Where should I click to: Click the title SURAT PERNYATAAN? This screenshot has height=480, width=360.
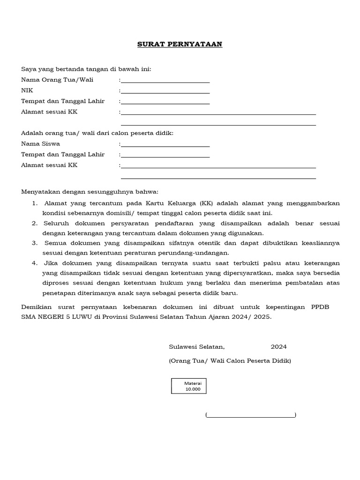click(180, 45)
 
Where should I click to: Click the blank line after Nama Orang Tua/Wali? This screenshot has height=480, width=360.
click(165, 81)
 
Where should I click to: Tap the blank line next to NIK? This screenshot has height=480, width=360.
click(165, 92)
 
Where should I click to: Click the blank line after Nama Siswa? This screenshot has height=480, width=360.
click(165, 145)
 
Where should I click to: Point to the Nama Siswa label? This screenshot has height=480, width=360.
click(40, 144)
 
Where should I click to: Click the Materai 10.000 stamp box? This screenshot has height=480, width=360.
click(188, 386)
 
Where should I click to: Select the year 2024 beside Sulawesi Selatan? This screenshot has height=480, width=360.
click(278, 347)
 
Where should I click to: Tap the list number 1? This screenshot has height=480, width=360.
click(35, 203)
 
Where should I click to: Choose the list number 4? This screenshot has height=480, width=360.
click(35, 263)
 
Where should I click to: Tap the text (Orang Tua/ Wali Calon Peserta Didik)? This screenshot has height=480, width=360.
click(230, 360)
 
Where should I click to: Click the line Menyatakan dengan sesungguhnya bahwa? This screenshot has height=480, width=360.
click(90, 192)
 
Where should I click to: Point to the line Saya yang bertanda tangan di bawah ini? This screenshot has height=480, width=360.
click(86, 69)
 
